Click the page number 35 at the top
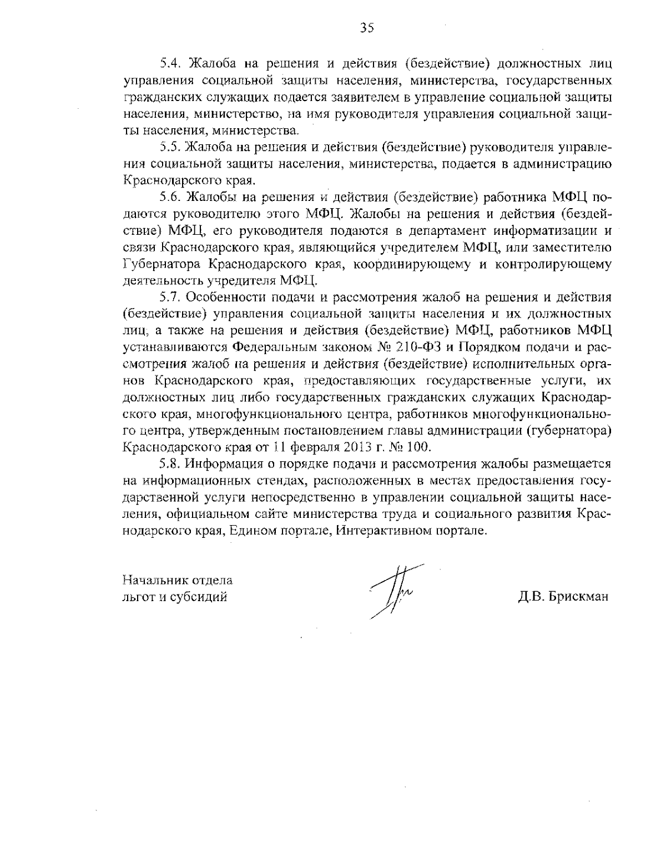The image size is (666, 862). [367, 28]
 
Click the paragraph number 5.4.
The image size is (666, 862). [170, 63]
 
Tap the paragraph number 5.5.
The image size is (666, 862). [170, 147]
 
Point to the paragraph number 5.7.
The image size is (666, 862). [170, 297]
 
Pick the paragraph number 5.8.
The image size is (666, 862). [170, 463]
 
